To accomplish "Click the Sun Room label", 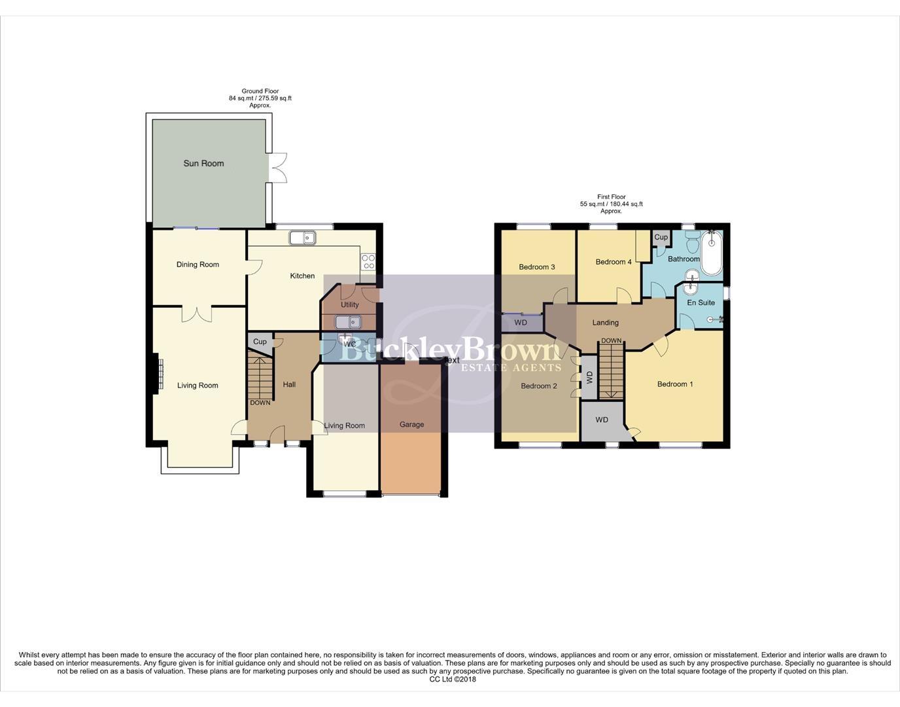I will (x=203, y=164).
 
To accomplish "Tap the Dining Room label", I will (x=198, y=264).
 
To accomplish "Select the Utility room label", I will (x=349, y=304).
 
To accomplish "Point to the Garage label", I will (x=411, y=424).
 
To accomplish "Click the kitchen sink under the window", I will (x=302, y=238).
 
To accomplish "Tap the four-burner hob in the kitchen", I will (x=368, y=262).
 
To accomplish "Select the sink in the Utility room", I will (x=348, y=322).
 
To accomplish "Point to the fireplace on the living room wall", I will (x=157, y=373).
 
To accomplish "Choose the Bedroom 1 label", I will (x=675, y=384).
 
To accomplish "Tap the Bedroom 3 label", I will (x=537, y=267).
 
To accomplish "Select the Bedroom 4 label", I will (x=614, y=262).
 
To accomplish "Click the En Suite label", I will (x=701, y=302).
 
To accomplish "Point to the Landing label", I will (x=605, y=323).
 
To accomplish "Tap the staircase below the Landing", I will (x=611, y=372).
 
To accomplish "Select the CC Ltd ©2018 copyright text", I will (x=452, y=679).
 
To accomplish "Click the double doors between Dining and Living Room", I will (x=197, y=314).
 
